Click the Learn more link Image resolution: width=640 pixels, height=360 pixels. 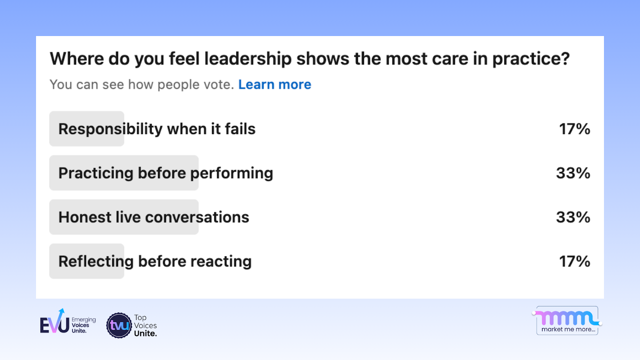[x=274, y=85]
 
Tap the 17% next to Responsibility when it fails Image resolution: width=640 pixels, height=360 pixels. [x=574, y=129]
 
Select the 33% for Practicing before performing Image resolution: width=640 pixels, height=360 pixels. [x=573, y=173]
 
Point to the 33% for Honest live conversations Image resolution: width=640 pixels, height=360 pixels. [x=573, y=217]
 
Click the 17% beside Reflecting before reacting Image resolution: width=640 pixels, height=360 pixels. [x=574, y=262]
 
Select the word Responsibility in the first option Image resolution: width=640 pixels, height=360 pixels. [x=110, y=129]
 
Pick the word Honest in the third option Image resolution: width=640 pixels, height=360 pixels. [x=85, y=217]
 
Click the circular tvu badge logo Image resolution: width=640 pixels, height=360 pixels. [x=119, y=325]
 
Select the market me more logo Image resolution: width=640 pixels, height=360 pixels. [x=567, y=320]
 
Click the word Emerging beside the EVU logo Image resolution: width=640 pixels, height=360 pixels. [x=84, y=320]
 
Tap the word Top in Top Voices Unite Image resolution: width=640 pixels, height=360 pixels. [x=140, y=318]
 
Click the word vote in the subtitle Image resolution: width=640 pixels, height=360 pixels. [x=217, y=85]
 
